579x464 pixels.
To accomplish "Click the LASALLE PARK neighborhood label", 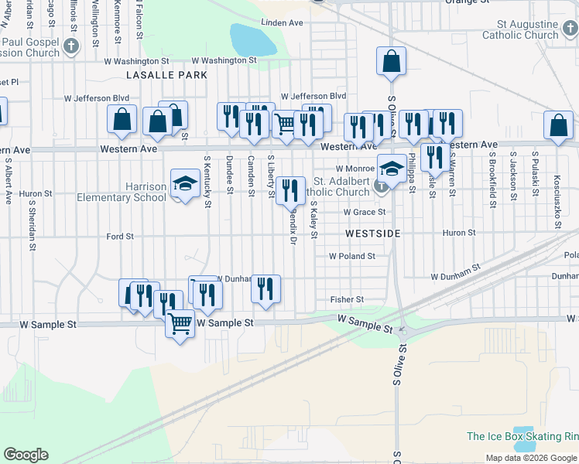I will tap(166, 75).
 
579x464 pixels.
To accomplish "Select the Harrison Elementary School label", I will tap(122, 192).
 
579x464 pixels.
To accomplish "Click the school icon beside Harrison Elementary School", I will tap(184, 184).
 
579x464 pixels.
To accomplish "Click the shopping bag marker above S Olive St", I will tap(392, 61).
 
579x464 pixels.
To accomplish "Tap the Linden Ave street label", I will tap(282, 23).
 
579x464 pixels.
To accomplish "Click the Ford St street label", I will tap(120, 236).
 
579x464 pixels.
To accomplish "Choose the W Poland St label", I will tap(351, 256).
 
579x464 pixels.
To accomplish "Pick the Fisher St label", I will tap(347, 299).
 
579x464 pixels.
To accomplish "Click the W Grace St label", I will tap(365, 212).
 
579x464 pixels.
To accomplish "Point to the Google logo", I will tap(26, 454).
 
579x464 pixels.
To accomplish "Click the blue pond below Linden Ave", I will tap(253, 39).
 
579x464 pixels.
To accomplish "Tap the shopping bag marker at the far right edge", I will tap(558, 127).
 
